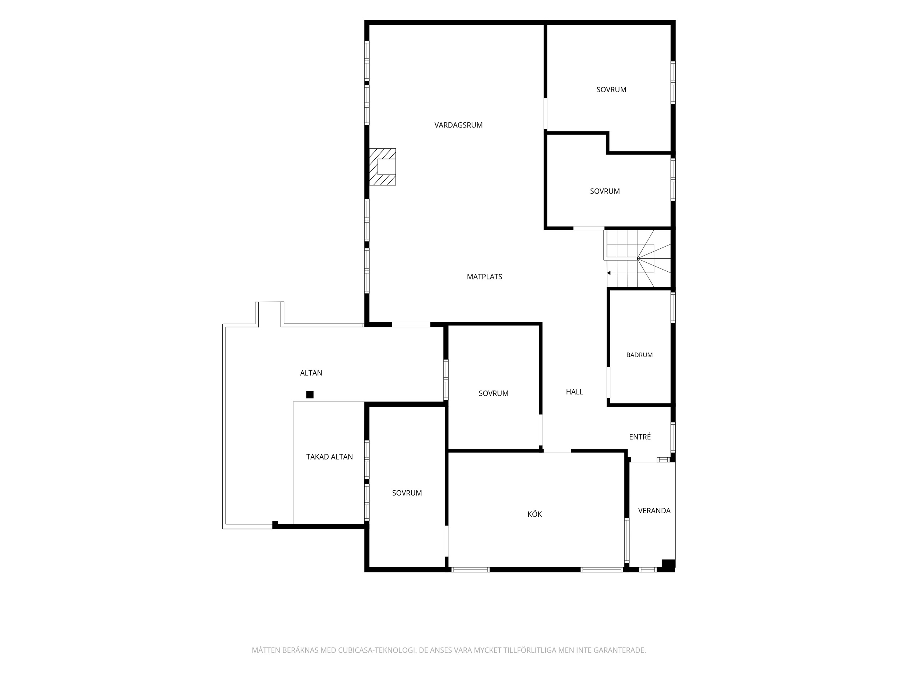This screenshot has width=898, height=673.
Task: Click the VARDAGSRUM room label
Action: tap(458, 125)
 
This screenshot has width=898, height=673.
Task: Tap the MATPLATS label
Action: tap(484, 277)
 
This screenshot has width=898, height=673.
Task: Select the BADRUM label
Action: tap(639, 355)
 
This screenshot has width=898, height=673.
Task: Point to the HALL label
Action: tap(574, 392)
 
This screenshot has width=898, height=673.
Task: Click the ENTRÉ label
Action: tap(640, 436)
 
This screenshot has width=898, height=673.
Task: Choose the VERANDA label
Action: tap(654, 511)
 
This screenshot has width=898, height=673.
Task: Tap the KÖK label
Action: tap(534, 514)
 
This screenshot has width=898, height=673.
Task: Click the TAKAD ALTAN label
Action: tap(329, 457)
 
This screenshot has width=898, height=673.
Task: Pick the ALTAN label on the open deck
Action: tap(311, 373)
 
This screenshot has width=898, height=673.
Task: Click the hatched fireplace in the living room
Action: tap(383, 167)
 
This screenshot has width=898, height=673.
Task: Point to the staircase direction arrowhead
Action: tap(609, 273)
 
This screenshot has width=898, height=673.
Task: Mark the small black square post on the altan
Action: tap(310, 394)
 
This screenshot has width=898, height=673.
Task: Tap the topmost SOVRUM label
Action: tap(611, 90)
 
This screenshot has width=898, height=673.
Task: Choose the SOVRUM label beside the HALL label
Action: tap(493, 393)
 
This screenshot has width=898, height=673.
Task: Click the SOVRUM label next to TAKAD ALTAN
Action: tap(407, 493)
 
